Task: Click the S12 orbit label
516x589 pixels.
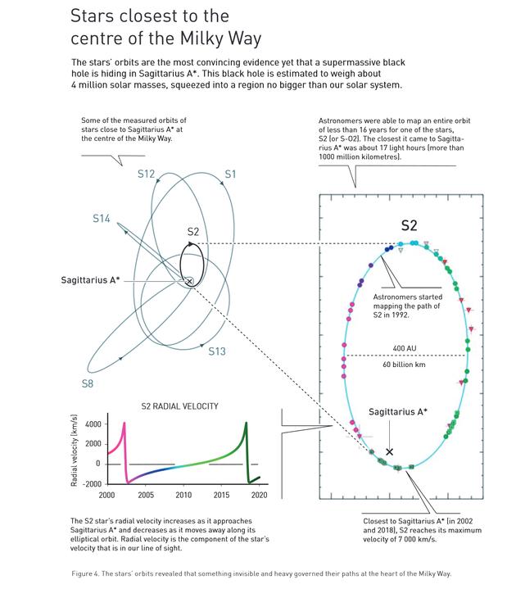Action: pos(146,173)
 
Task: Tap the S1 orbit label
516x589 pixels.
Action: pos(230,173)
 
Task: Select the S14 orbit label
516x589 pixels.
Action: pos(102,218)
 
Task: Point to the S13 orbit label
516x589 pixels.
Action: pos(216,351)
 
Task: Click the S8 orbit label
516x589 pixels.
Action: pos(88,383)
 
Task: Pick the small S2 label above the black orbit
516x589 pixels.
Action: pos(193,231)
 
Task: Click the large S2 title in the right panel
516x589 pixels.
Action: pos(410,225)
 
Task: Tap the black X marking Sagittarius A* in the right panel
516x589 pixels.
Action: pos(390,451)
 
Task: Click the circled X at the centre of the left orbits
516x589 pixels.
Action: pos(189,281)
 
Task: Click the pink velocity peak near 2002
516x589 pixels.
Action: pos(124,423)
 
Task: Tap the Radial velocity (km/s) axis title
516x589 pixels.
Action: pos(75,451)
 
